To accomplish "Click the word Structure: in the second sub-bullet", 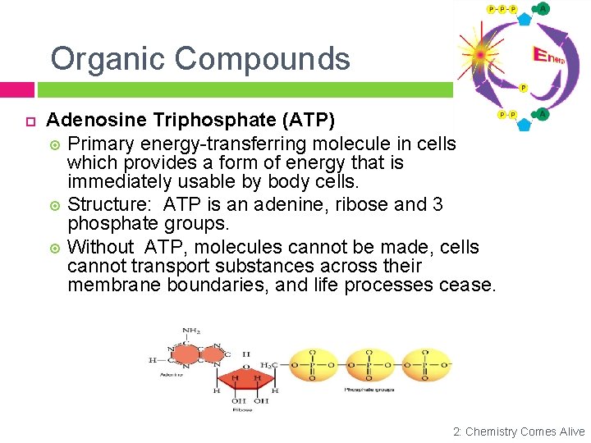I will point(110,204).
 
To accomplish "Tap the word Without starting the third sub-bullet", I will point(101,247).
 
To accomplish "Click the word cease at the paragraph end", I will point(470,285).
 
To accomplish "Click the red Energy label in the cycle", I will point(548,56).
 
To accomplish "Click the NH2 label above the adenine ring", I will point(192,331).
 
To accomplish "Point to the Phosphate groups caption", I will point(369,390).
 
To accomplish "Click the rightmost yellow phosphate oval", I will point(424,364).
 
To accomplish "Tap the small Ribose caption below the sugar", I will point(243,409).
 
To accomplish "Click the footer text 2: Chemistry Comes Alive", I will point(519,432).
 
